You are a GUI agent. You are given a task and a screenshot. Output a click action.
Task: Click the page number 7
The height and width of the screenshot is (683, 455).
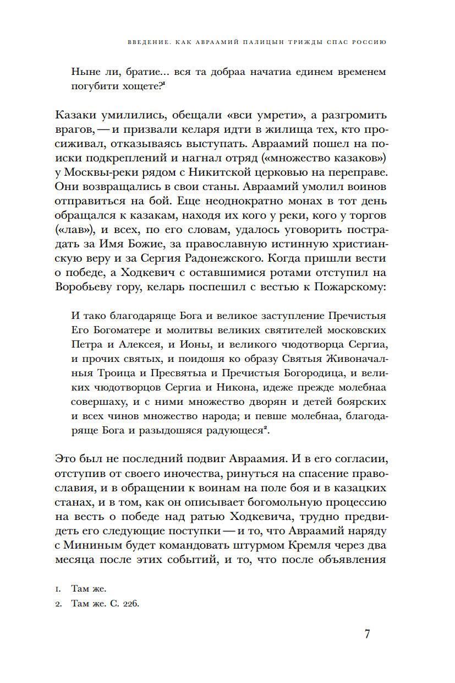[367, 633]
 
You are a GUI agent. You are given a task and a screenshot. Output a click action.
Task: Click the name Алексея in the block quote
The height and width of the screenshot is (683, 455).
[144, 345]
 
